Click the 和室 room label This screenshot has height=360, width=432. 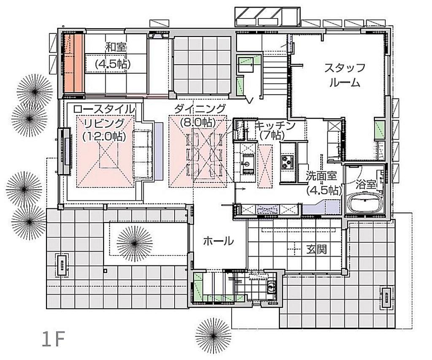coord(116,47)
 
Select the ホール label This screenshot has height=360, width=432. coord(218,241)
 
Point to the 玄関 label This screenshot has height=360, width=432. coord(316,249)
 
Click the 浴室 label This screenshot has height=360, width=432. coord(365,184)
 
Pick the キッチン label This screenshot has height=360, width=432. coord(275,126)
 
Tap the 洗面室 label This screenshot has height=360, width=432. coord(321,176)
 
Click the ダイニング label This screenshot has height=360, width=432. coord(200,109)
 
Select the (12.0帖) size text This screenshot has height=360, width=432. coord(105,136)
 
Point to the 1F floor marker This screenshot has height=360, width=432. coord(53,339)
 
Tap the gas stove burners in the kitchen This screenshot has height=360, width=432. coord(287,162)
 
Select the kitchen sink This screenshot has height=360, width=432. coord(247,164)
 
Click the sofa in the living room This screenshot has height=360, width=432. coord(143,154)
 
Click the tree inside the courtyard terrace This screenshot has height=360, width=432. coord(135,244)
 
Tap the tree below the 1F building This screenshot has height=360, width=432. coord(213,335)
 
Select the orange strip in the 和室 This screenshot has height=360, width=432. coord(74,63)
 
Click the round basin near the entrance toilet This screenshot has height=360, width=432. coord(271,287)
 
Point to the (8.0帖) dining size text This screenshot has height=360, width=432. coord(198,122)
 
